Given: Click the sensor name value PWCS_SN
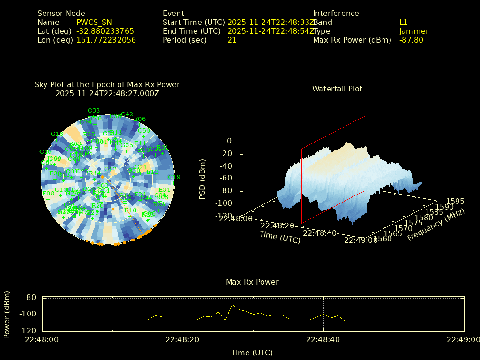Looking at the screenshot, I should tap(94, 22).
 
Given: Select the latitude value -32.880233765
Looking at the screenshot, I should tap(105, 31).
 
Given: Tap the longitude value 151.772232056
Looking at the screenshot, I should tap(106, 40).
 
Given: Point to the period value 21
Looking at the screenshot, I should tap(232, 40).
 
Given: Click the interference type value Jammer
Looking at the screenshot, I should tap(414, 31).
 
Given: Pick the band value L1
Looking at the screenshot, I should tap(404, 22).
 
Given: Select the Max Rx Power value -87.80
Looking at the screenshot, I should tap(411, 40).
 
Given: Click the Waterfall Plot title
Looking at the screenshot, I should tap(337, 89).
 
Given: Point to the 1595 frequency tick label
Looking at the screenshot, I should tap(456, 202).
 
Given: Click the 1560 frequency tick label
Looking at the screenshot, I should tap(383, 240).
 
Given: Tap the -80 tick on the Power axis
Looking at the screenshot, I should tap(30, 298).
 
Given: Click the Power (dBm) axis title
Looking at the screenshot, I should tap(7, 314).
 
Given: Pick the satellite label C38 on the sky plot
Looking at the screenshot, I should tap(94, 111).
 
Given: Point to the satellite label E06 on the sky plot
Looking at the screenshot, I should tap(140, 119).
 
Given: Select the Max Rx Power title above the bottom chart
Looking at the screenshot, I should tap(252, 282).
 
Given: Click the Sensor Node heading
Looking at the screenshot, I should tap(61, 14).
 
